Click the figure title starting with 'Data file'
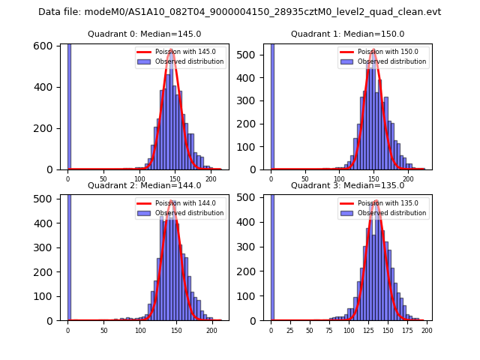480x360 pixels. [239, 12]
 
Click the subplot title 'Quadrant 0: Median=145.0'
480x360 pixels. [144, 34]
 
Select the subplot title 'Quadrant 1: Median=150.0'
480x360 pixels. [347, 34]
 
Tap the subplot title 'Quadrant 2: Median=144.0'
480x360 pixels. [144, 185]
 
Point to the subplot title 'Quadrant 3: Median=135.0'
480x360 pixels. [347, 185]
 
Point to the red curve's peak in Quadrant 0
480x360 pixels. [172, 50]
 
